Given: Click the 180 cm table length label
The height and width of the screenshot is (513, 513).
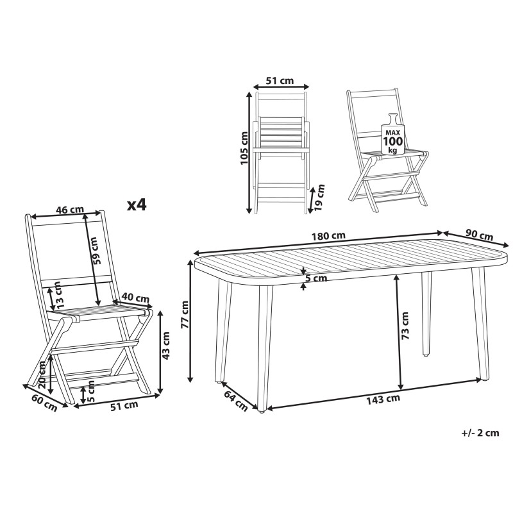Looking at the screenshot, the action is (x=328, y=235).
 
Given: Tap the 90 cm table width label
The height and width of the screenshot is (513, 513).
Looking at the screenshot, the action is (x=479, y=235).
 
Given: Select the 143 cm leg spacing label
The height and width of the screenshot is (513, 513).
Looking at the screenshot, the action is (x=383, y=399).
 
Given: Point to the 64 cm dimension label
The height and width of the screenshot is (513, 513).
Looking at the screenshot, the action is (x=236, y=400).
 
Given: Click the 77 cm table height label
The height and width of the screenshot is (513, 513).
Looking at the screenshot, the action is (x=185, y=314).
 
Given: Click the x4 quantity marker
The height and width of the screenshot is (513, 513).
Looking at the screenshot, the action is (x=137, y=205).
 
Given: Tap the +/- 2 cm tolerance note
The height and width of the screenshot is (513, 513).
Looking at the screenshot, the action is (x=480, y=433).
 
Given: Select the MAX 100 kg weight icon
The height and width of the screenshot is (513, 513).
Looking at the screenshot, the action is (x=393, y=134).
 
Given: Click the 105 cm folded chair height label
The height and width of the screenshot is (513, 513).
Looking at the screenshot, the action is (x=244, y=148).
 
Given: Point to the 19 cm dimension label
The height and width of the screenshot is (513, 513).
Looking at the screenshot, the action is (x=319, y=198).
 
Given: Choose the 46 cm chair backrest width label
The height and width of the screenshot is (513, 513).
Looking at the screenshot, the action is (x=70, y=210).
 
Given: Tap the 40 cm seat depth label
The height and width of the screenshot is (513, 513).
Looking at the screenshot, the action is (x=135, y=298).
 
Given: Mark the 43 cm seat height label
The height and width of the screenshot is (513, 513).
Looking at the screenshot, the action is (x=166, y=346).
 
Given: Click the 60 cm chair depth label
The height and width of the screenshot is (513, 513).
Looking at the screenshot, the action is (x=45, y=403).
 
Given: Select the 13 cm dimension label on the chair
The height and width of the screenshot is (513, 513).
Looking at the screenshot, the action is (x=58, y=295).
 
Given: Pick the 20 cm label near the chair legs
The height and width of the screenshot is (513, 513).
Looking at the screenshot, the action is (x=42, y=374).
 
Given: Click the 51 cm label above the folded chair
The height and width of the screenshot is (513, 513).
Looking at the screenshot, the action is (x=280, y=80).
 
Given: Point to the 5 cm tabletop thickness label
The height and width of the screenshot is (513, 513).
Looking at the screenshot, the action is (x=316, y=278).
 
